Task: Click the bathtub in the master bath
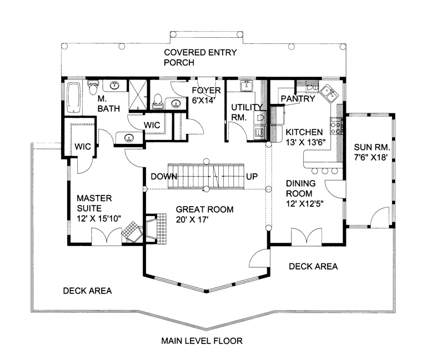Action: (x=74, y=98)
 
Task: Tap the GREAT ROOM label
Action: (x=204, y=209)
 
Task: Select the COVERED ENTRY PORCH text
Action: (x=200, y=57)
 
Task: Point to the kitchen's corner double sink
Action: (x=330, y=93)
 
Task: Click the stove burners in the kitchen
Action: (x=336, y=126)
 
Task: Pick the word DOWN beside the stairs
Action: (x=164, y=177)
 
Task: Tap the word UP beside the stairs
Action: (x=252, y=177)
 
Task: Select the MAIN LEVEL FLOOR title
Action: (x=202, y=341)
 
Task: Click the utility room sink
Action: (x=246, y=86)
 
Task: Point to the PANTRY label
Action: (x=298, y=99)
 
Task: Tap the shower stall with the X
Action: (x=138, y=95)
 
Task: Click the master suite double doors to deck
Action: (x=107, y=237)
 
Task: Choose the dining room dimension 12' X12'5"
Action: (x=304, y=204)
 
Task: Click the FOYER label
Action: (x=206, y=90)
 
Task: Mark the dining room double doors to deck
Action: (x=307, y=237)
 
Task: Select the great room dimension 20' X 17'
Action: (x=193, y=219)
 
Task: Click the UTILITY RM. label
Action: (x=247, y=112)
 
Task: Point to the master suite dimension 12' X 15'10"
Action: (x=99, y=219)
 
